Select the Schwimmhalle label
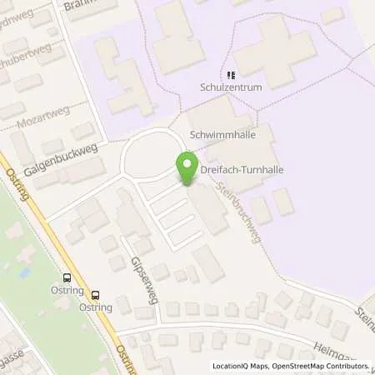tap(222, 134)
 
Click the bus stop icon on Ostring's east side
tap(96, 294)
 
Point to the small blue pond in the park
tap(24, 272)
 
